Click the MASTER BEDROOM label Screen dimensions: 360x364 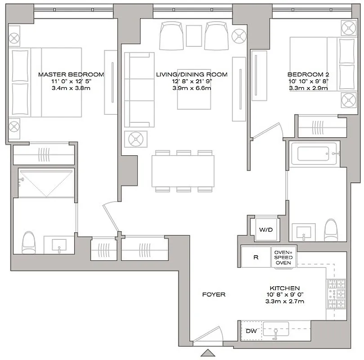tap(71, 74)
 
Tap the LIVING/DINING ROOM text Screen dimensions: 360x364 tap(191, 74)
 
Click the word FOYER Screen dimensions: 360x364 tap(213, 295)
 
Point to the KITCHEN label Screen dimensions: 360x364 tap(284, 288)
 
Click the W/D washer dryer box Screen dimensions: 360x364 tap(266, 230)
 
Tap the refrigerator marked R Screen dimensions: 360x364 tap(256, 258)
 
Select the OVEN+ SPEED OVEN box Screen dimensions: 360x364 tap(283, 257)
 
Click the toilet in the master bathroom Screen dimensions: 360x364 tap(29, 243)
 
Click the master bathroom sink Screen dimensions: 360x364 tap(59, 245)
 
